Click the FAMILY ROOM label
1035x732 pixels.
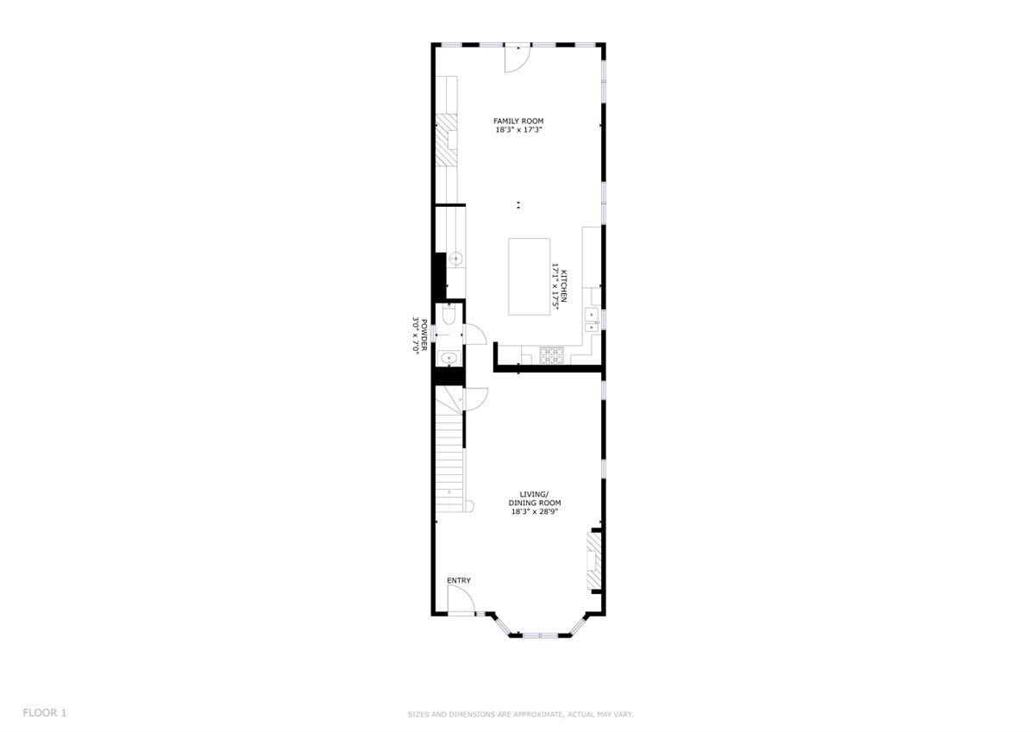point(518,121)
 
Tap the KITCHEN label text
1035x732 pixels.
point(564,286)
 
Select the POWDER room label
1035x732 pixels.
point(424,335)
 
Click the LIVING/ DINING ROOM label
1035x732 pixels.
point(535,498)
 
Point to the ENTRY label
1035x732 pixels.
point(459,580)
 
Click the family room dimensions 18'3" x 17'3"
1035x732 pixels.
point(518,130)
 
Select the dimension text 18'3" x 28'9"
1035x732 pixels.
point(535,511)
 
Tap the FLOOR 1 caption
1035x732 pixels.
point(45,713)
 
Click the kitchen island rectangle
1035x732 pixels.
point(529,277)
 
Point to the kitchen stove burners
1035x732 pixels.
point(552,354)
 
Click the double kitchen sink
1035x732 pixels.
point(592,321)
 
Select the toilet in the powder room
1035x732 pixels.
point(448,314)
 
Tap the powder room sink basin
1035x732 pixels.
point(448,358)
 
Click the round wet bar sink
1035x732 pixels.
point(456,259)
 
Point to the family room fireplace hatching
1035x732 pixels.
point(447,141)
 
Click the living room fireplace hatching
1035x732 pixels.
point(594,561)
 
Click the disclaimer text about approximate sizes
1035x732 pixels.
point(520,715)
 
